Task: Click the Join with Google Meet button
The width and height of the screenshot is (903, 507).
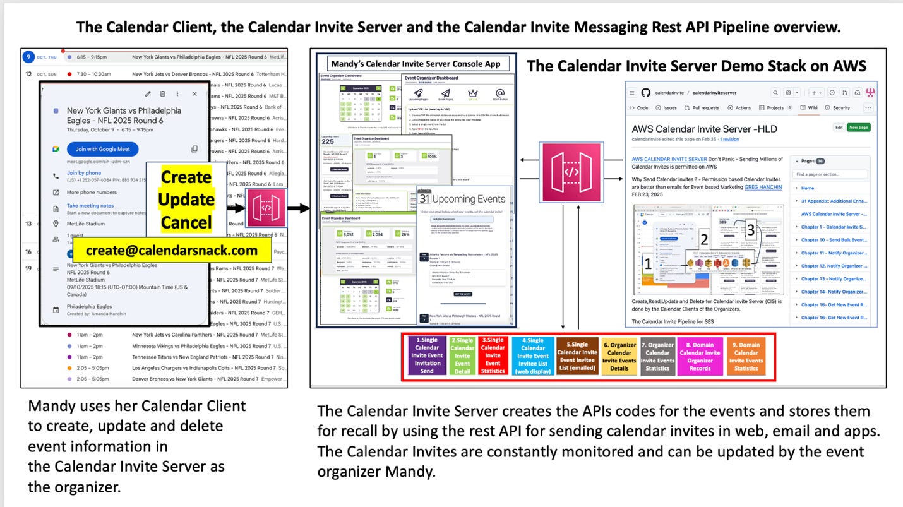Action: tap(102, 149)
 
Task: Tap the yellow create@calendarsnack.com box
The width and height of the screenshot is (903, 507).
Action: tap(172, 250)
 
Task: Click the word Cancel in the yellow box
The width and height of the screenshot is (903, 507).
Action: tap(186, 222)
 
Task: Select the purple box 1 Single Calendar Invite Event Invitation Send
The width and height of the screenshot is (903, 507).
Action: tap(427, 356)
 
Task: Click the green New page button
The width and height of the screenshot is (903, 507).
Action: tap(858, 127)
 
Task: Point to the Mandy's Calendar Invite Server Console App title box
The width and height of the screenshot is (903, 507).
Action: tap(416, 63)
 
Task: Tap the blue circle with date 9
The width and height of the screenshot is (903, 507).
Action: tap(28, 57)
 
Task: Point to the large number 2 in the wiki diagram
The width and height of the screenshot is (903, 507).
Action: tap(704, 239)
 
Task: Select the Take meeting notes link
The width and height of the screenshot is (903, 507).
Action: tap(90, 205)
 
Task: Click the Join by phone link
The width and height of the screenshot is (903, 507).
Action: tap(84, 173)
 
